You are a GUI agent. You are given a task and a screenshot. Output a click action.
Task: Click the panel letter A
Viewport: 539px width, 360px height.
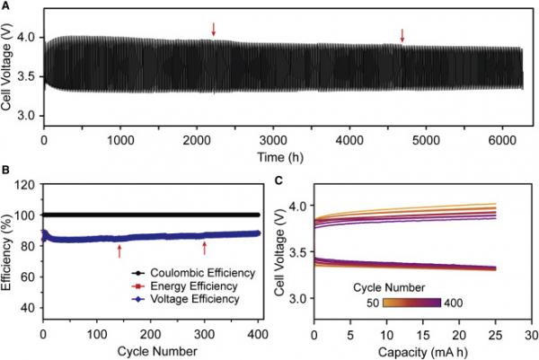(5, 6)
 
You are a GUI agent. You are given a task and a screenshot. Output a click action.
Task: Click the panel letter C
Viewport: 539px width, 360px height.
(279, 180)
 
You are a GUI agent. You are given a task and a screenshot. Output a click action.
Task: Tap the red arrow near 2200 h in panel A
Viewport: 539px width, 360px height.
(214, 30)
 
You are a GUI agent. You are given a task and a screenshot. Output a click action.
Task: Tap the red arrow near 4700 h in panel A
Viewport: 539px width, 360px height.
(402, 35)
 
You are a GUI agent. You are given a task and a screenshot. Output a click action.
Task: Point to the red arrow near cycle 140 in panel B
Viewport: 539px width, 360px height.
(119, 251)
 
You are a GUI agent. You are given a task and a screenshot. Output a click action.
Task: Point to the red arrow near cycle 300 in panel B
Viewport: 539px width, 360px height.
(206, 248)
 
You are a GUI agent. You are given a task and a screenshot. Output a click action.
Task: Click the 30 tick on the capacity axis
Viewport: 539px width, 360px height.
(521, 333)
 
